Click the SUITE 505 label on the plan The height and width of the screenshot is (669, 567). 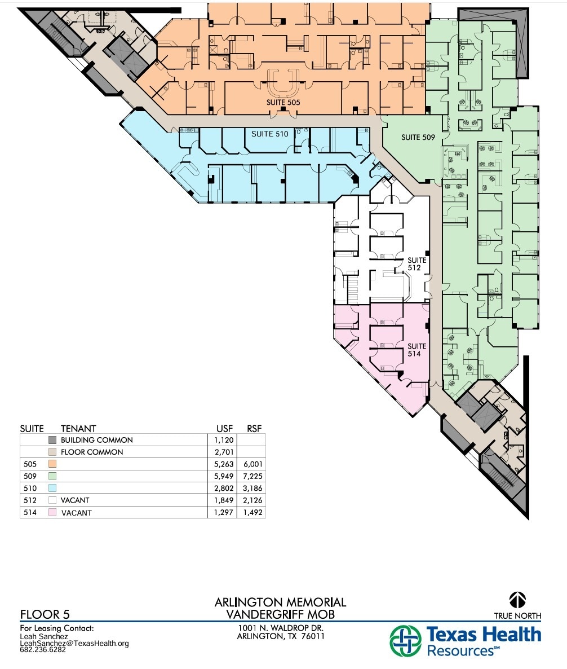point(283,103)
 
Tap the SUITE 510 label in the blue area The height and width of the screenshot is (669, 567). point(269,134)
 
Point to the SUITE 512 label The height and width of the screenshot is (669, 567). point(417,264)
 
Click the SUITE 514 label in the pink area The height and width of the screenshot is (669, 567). point(417,350)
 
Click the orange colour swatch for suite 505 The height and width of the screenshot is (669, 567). point(52,464)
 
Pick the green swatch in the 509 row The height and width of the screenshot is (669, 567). point(52,476)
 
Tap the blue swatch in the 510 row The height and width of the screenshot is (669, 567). point(52,488)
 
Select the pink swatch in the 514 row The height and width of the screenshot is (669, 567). point(52,513)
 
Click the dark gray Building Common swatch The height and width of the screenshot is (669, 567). point(52,440)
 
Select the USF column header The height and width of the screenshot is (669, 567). point(225,428)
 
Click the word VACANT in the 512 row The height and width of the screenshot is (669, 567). point(75,500)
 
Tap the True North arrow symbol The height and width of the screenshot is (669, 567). point(517,599)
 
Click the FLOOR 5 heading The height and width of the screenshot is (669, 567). point(45,614)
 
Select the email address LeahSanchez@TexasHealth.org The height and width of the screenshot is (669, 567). point(74,643)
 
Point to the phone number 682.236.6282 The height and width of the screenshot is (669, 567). point(43,649)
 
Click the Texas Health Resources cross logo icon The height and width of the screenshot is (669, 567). point(405,641)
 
